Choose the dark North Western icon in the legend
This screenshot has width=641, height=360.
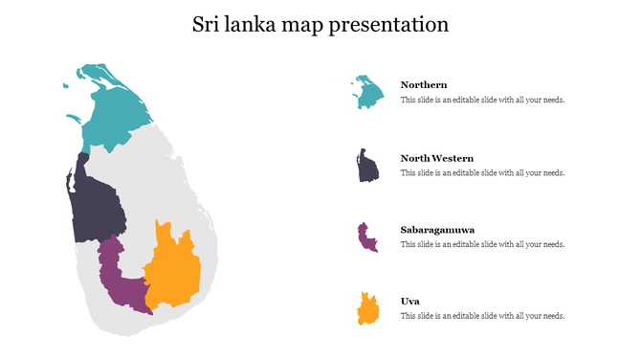(367, 167)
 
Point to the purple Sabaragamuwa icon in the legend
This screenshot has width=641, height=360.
(366, 237)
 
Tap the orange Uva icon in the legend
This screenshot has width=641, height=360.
(367, 309)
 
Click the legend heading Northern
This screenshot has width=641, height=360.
(424, 85)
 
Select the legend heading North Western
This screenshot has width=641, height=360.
(437, 158)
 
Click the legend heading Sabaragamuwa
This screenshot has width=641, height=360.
(438, 230)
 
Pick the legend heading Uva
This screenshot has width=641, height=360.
(409, 302)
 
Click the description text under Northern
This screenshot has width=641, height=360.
(482, 100)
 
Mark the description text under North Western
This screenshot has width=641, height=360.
(482, 172)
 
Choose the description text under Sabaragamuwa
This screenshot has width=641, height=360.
(482, 244)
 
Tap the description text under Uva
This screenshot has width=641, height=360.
(482, 316)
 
